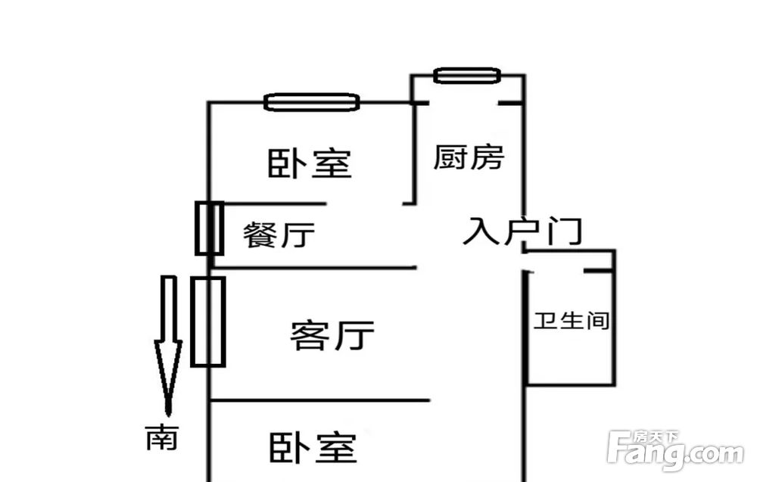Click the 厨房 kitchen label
point(469,157)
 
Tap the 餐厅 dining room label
point(279,235)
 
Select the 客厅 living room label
point(332,334)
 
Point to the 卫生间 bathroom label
point(571,320)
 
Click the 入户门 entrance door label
point(522,231)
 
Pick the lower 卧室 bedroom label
point(313,447)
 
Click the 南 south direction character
point(162,437)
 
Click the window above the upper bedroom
point(312,102)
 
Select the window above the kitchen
point(467,75)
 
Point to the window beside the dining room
point(209,229)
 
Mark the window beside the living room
point(208,322)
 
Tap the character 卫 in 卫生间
point(545,320)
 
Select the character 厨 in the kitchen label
point(450,157)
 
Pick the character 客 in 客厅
point(310,334)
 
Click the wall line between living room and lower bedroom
point(320,400)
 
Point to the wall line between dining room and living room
point(313,267)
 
